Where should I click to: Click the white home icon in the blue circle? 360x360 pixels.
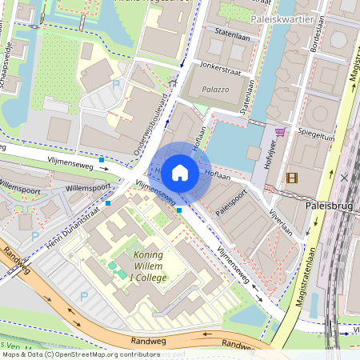pyautogui.click(x=180, y=172)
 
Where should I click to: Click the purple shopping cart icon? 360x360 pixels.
pyautogui.click(x=280, y=133)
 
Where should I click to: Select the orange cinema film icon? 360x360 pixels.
pyautogui.click(x=292, y=177)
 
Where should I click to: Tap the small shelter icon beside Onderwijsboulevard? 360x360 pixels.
pyautogui.click(x=173, y=82)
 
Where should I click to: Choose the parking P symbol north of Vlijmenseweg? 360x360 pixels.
pyautogui.click(x=116, y=84)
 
